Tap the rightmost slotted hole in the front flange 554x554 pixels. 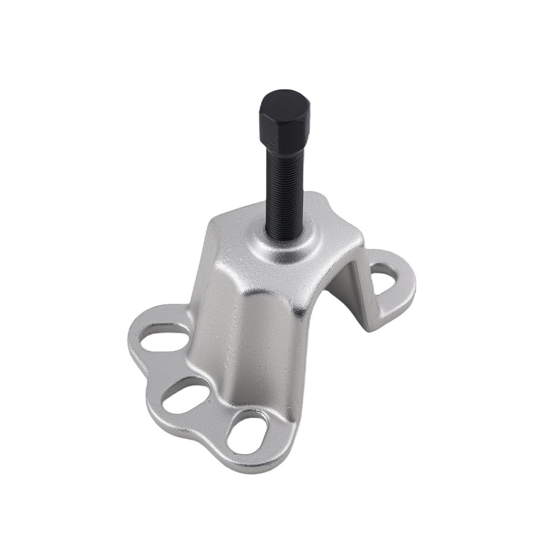pyautogui.click(x=248, y=434)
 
